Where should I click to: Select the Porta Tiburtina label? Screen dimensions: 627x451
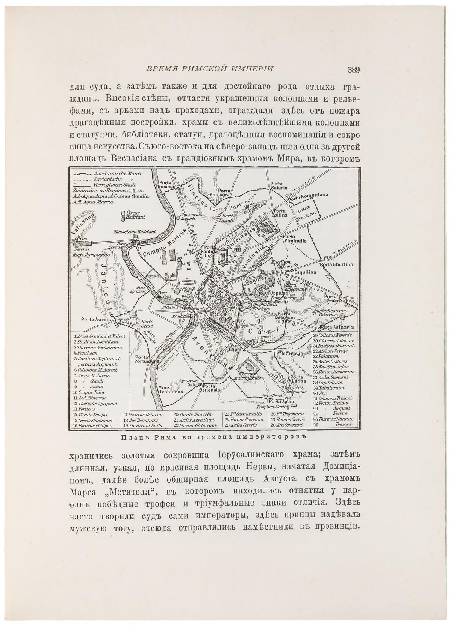tap(337, 264)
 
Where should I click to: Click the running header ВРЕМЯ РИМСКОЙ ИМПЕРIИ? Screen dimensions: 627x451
tap(209, 68)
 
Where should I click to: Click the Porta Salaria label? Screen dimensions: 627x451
tap(279, 185)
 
